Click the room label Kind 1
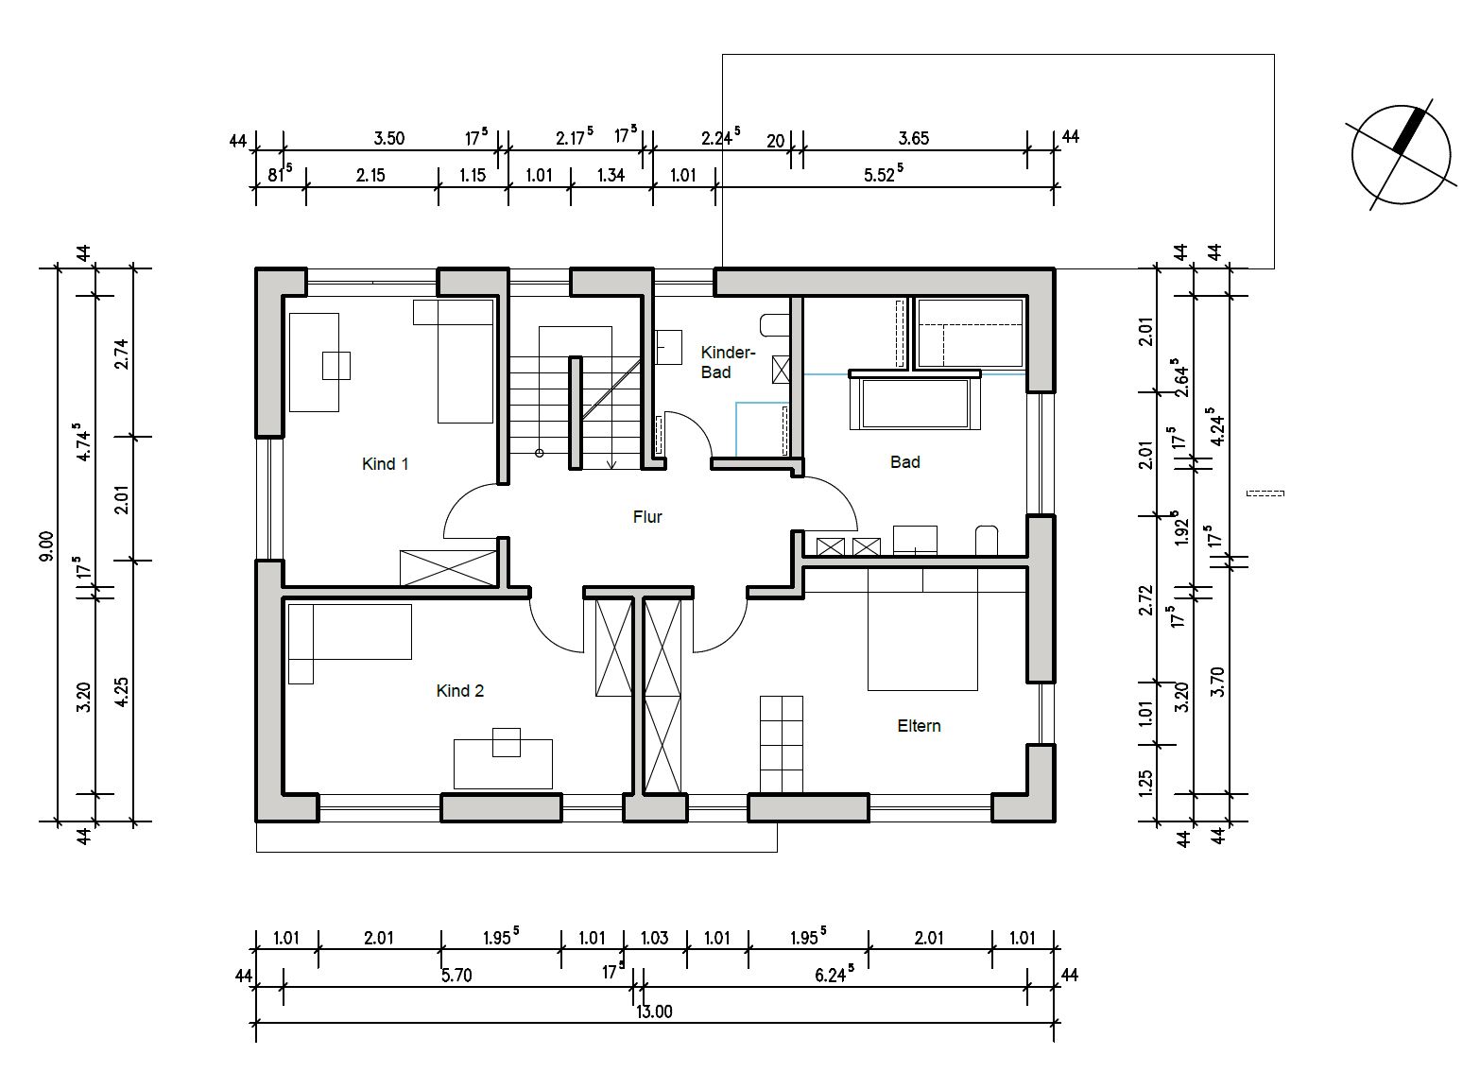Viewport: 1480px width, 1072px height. (x=386, y=464)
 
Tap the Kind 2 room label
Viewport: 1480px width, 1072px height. (x=460, y=691)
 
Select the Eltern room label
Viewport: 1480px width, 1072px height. (x=919, y=726)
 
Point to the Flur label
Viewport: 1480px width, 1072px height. (x=646, y=517)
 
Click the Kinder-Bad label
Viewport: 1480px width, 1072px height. (x=728, y=362)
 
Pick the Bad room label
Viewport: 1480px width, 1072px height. (x=904, y=462)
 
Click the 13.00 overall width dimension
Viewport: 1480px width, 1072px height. (x=654, y=1011)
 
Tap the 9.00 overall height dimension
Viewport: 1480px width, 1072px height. (x=47, y=545)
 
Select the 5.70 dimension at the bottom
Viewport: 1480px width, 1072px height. (x=456, y=976)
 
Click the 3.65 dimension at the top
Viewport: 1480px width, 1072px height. (x=913, y=138)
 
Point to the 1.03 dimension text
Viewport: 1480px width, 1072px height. (x=654, y=938)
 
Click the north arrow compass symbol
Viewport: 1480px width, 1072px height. (x=1401, y=155)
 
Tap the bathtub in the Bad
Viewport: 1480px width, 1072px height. (x=915, y=403)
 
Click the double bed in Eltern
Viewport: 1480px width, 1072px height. (x=922, y=630)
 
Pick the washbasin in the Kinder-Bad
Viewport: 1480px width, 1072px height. (x=668, y=347)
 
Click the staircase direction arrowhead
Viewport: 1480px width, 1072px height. (x=611, y=464)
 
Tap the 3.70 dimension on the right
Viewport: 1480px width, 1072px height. (x=1217, y=683)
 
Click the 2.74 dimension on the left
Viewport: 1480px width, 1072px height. (x=122, y=354)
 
